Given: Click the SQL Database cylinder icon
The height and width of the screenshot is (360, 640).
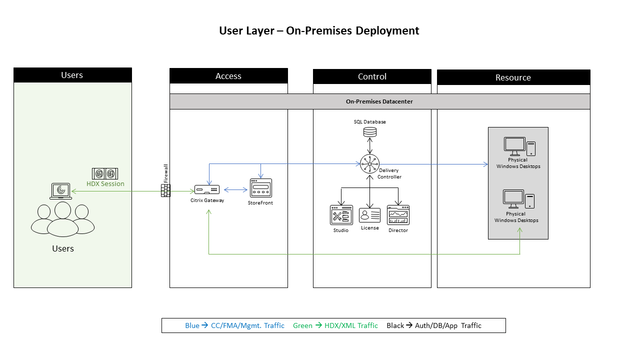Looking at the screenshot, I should [x=370, y=132].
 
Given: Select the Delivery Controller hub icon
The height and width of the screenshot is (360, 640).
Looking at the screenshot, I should [x=370, y=163].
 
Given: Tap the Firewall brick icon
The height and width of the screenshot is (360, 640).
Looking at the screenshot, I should [x=165, y=190].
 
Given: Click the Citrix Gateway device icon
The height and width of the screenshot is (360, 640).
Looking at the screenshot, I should [x=207, y=190].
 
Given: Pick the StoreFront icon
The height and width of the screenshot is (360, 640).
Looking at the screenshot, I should [x=260, y=188].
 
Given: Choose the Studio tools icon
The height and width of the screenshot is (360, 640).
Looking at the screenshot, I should [x=341, y=215].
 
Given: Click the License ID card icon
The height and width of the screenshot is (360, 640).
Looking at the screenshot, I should [x=370, y=215].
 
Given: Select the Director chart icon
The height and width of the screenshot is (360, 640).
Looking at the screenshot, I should [x=398, y=215].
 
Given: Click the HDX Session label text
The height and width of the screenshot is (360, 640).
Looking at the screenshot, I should [x=105, y=184].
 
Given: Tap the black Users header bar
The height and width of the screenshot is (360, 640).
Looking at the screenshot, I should [x=72, y=75].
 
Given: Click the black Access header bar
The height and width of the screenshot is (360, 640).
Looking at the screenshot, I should [x=228, y=76].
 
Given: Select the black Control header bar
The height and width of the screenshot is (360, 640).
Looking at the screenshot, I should [x=372, y=76].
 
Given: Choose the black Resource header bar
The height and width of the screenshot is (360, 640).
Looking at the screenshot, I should [x=513, y=77].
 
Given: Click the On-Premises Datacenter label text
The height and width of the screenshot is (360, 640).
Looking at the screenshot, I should [x=379, y=101].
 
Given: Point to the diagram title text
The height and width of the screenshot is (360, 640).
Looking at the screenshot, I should [x=319, y=30].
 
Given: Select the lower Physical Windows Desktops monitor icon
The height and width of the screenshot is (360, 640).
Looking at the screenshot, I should [x=513, y=199].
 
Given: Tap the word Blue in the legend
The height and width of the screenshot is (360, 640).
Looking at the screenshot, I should [x=192, y=325].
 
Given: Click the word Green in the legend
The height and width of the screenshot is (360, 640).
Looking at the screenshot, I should [x=302, y=325].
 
